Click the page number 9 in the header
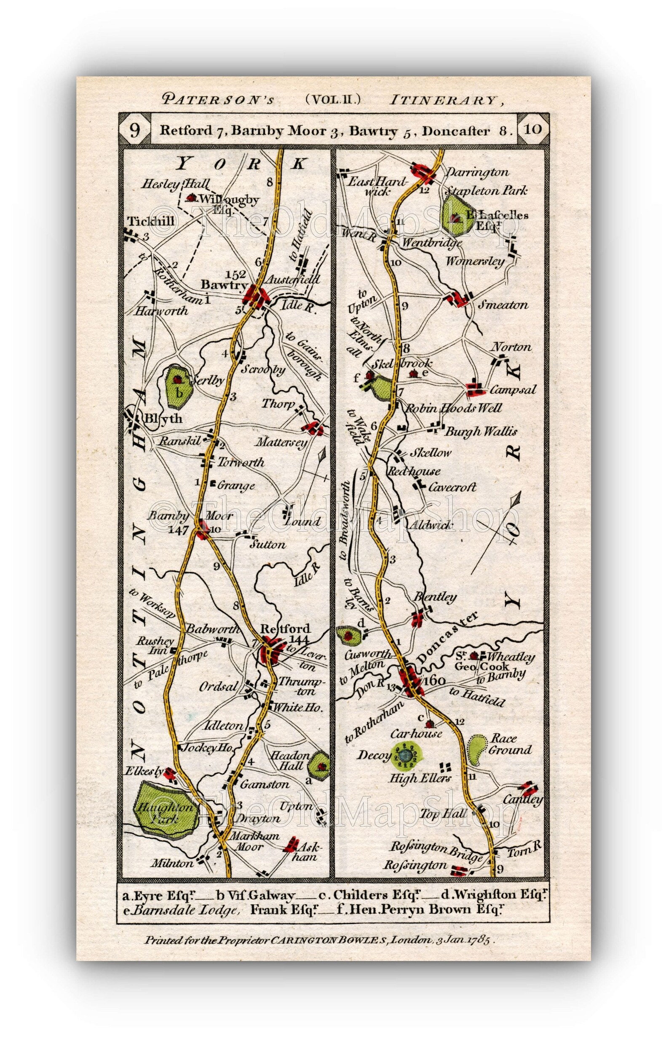[134, 130]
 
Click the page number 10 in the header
[533, 129]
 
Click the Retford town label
[285, 628]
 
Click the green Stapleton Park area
[459, 213]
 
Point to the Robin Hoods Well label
[453, 408]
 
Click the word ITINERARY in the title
[442, 101]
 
